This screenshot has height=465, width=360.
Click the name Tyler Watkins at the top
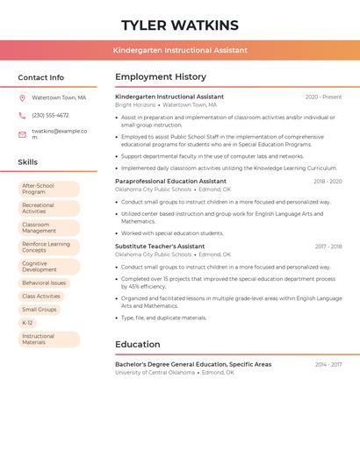(180, 25)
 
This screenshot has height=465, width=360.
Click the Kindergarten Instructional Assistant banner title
(180, 50)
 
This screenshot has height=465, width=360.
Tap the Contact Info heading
(41, 77)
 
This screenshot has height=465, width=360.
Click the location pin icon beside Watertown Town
(22, 97)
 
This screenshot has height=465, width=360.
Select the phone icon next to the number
(22, 115)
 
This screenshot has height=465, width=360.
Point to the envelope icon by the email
(22, 134)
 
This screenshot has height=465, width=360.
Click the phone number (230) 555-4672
(50, 115)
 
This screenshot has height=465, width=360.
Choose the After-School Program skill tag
(48, 189)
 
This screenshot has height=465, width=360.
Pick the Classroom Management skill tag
(48, 227)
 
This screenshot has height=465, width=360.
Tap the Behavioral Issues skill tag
(44, 283)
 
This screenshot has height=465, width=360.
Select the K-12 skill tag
(27, 323)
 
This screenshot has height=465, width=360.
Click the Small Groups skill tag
(40, 310)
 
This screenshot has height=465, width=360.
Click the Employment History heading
(161, 77)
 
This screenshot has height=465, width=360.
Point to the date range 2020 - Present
(323, 97)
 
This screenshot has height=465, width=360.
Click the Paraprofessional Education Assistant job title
(170, 182)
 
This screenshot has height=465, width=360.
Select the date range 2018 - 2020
(328, 182)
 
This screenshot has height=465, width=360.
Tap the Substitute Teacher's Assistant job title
(160, 247)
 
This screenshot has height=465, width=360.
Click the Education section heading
(138, 345)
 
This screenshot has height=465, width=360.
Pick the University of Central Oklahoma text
(155, 373)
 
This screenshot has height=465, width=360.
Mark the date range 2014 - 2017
(328, 364)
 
